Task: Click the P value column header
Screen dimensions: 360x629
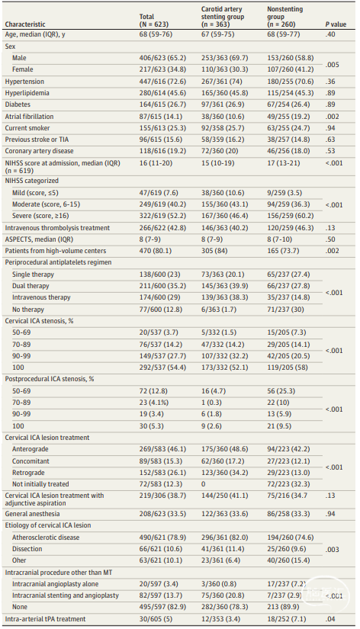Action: coord(336,24)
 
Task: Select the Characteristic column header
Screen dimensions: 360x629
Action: coord(25,24)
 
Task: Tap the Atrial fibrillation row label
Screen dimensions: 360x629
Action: coord(29,117)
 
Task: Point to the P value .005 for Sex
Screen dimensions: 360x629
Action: coord(333,65)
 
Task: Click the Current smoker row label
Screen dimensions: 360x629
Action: coord(27,128)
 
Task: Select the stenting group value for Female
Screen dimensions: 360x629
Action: coord(225,69)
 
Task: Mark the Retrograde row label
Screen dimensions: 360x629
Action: coord(28,473)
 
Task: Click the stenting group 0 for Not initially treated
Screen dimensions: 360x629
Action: coord(204,484)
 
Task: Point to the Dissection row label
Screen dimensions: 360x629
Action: coord(27,549)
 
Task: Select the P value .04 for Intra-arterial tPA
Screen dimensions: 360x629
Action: coord(331,619)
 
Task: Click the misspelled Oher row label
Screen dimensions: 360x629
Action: coord(19,560)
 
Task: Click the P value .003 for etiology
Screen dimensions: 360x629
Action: coord(333,549)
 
